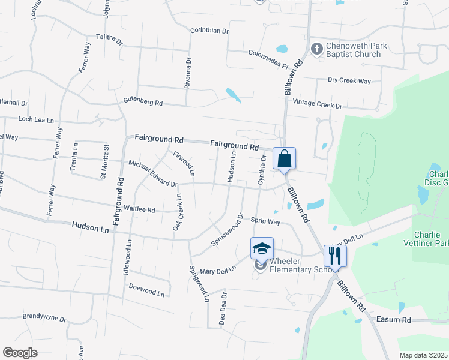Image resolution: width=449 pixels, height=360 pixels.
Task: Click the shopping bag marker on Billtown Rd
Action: pos(284,159)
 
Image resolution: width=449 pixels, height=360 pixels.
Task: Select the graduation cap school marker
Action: pos(262,248)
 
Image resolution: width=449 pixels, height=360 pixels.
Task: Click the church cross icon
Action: pos(316,48)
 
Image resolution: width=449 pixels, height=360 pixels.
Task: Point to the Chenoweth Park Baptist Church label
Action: pos(353,50)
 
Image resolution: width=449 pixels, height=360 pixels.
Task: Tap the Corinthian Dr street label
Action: pos(209,31)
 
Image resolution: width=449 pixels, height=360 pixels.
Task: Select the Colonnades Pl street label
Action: pos(268,53)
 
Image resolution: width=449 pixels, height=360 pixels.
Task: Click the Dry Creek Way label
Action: pos(349,80)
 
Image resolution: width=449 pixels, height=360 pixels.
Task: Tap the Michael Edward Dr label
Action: pos(152,173)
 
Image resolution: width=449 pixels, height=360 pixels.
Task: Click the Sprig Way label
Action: pos(265,221)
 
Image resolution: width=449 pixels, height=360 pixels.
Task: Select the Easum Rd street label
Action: pos(393,320)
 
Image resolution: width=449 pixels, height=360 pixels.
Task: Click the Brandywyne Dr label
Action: pos(44,316)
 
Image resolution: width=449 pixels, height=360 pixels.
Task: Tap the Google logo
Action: pos(20,352)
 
